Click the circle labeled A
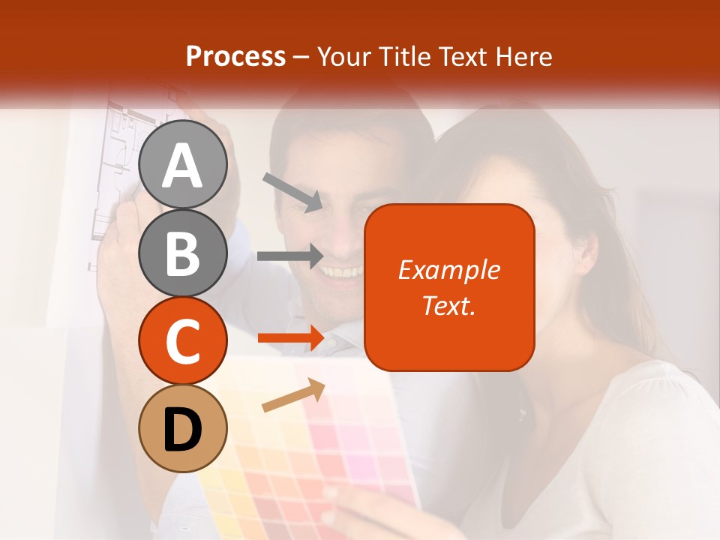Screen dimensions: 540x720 [182, 165]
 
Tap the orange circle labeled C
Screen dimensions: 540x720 [182, 340]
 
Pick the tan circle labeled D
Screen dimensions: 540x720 [182, 428]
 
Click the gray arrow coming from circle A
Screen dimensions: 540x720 [292, 191]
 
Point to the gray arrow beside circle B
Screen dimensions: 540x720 [290, 256]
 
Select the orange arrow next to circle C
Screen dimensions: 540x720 [291, 338]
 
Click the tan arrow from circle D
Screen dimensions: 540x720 [293, 395]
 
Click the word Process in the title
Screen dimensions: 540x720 [235, 56]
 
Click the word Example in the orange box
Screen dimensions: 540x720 [448, 270]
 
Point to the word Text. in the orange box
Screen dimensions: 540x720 [448, 305]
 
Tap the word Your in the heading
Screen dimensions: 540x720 [344, 56]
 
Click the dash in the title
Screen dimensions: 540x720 [301, 57]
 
